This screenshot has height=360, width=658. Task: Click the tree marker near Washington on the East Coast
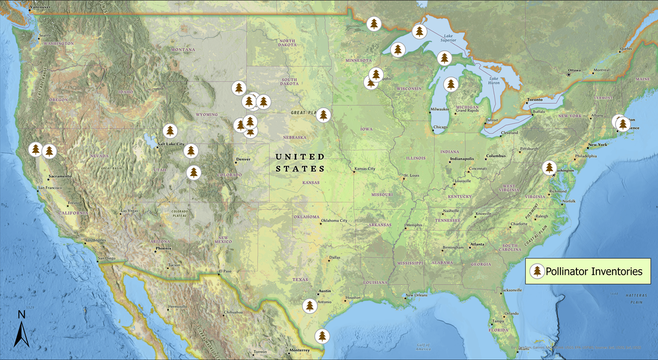pyautogui.click(x=549, y=167)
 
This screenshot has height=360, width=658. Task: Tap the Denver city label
pyautogui.click(x=243, y=159)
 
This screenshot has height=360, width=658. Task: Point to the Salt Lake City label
pyautogui.click(x=171, y=144)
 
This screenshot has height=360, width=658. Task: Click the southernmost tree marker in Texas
pyautogui.click(x=322, y=336)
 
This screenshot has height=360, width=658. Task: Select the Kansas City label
pyautogui.click(x=364, y=169)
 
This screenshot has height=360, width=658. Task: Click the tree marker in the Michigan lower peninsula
pyautogui.click(x=450, y=84)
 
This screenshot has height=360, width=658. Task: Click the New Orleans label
pyautogui.click(x=416, y=295)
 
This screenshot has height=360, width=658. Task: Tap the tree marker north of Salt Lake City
pyautogui.click(x=170, y=131)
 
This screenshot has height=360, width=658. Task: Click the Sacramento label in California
pyautogui.click(x=60, y=176)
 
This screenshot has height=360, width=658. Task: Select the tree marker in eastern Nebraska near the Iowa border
pyautogui.click(x=323, y=115)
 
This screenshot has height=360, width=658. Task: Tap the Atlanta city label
pyautogui.click(x=477, y=244)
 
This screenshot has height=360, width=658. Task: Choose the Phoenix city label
pyautogui.click(x=164, y=249)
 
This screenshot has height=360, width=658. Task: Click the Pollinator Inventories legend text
pyautogui.click(x=594, y=271)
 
